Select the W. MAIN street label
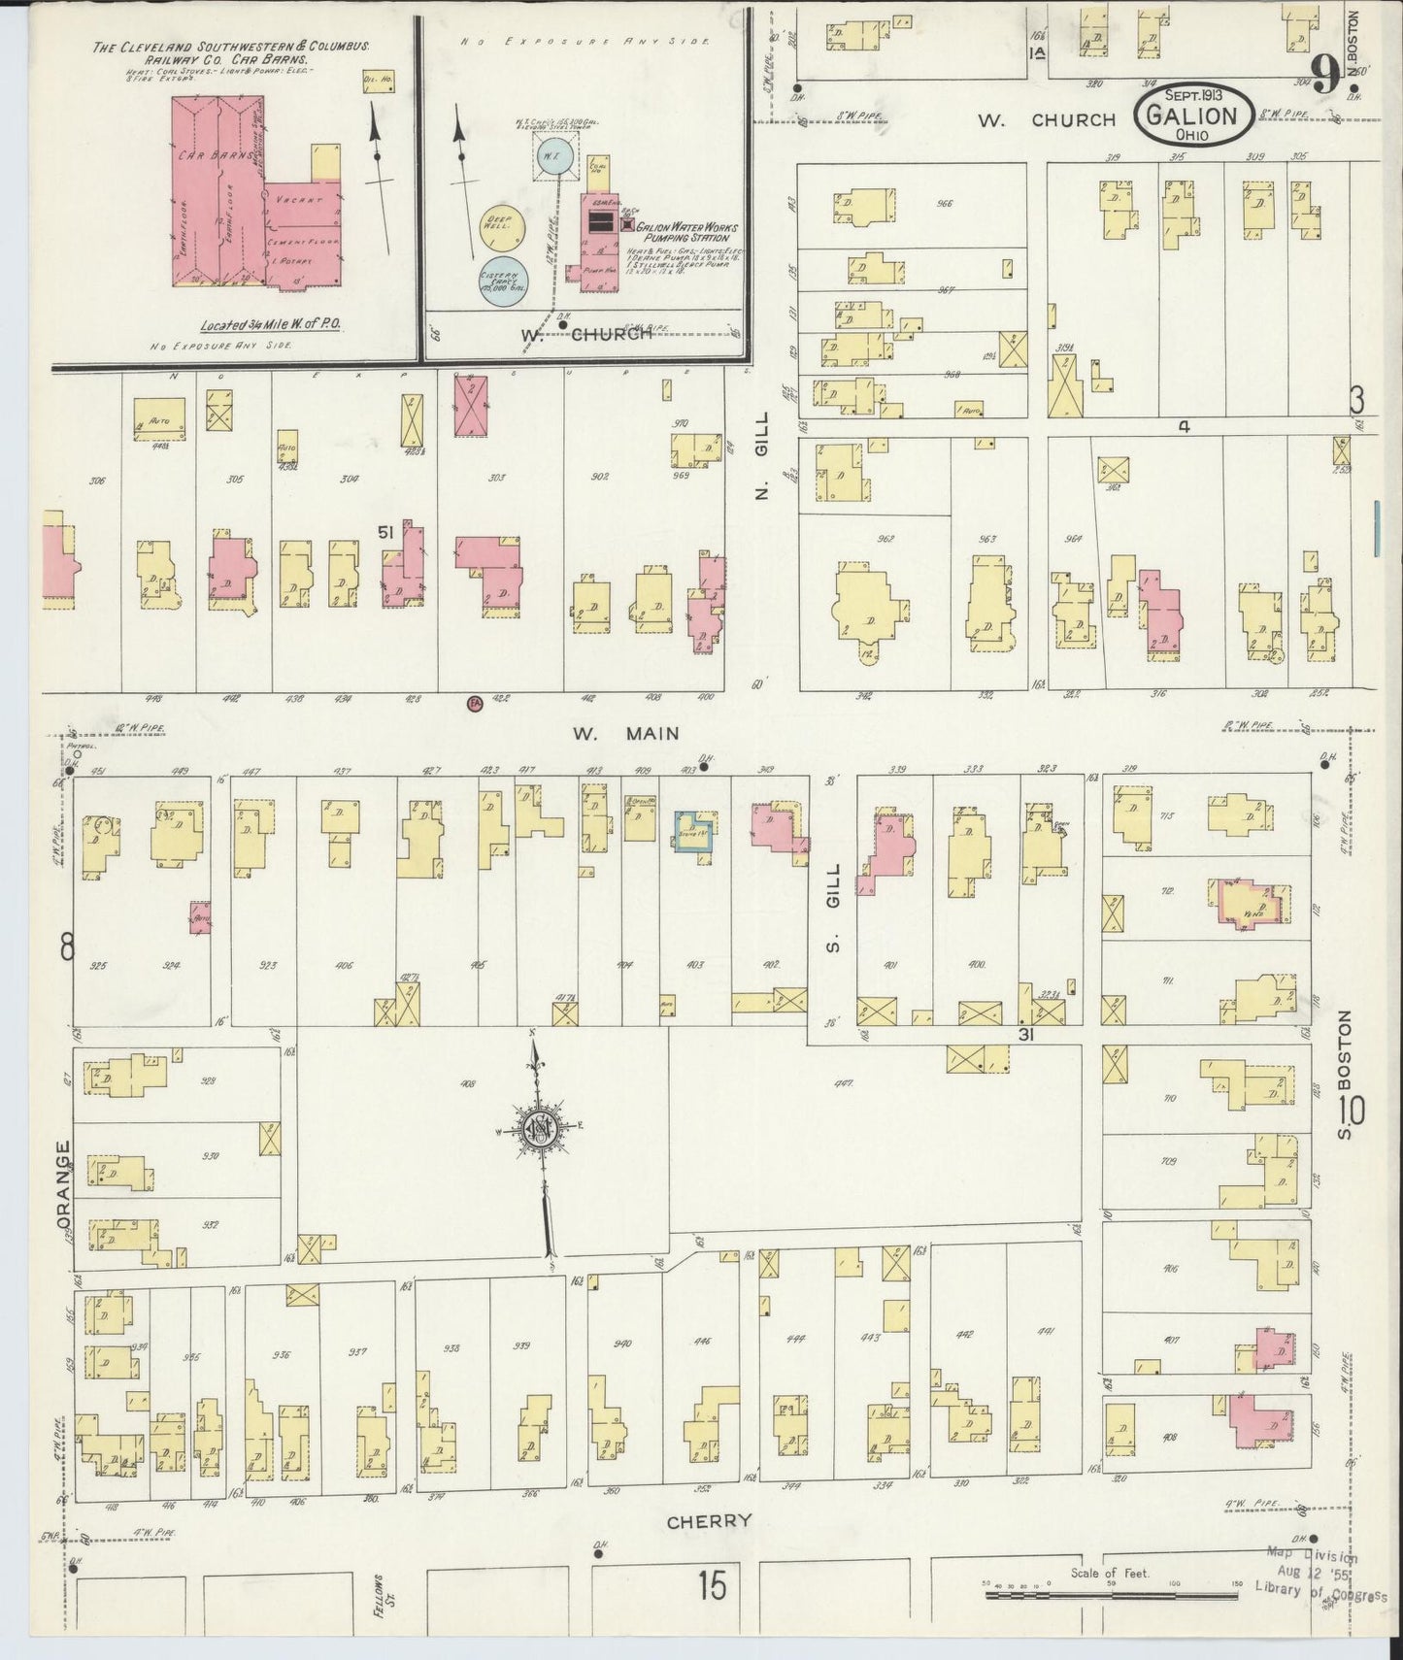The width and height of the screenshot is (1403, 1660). pos(625,734)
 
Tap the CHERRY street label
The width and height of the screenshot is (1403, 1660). pos(709,1521)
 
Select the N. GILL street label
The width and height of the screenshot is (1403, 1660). pos(762,455)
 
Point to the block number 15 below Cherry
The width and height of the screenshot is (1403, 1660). pos(711,1586)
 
